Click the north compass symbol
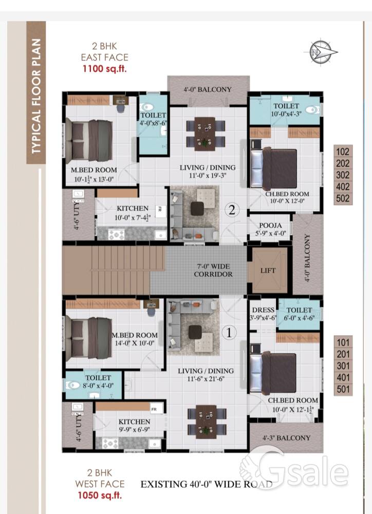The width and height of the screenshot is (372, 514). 323,52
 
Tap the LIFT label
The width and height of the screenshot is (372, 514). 268,270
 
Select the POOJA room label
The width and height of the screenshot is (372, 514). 270,226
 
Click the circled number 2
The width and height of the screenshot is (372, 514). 232,210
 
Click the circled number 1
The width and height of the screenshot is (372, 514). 229,333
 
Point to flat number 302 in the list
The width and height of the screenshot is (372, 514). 343,175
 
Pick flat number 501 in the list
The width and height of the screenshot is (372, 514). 343,390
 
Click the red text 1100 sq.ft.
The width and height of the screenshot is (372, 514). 104,69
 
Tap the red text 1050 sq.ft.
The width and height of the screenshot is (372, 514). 100,495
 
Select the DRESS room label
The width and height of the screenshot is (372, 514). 263,310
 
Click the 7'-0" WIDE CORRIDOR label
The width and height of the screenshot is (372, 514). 213,270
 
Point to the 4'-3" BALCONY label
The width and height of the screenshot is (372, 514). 287,438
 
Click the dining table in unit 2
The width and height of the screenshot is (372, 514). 206,134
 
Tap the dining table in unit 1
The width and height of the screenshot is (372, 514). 207,421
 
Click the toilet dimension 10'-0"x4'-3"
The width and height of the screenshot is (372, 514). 286,114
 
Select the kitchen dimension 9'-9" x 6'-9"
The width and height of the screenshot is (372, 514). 135,429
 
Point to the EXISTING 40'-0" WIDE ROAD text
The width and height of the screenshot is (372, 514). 207,484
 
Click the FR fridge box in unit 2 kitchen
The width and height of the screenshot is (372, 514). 160,209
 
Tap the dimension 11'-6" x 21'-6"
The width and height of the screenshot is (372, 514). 206,379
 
